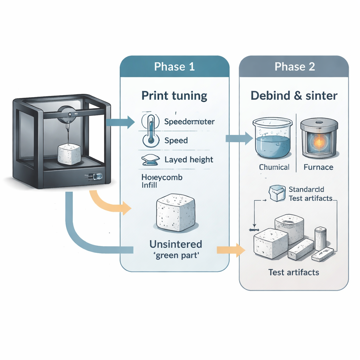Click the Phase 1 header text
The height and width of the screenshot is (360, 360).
174,67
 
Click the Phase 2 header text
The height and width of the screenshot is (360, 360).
295,67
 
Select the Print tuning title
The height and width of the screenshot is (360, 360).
174,96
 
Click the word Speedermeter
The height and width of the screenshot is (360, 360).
189,122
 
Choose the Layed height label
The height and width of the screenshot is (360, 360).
189,160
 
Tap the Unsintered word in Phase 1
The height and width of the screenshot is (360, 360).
176,244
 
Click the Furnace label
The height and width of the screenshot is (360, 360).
318,167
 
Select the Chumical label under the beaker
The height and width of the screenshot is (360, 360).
274,167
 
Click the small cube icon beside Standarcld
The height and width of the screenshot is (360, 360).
277,193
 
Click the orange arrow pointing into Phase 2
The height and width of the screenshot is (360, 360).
231,250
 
